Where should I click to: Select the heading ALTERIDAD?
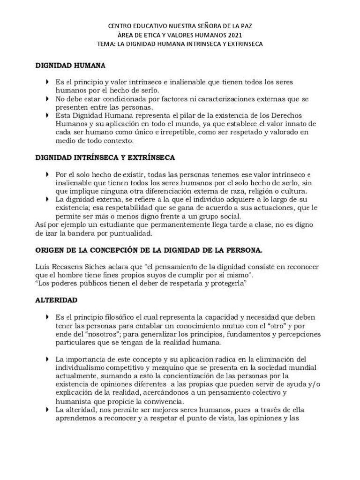56,299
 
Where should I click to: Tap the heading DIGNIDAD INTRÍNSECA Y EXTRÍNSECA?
105,157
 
